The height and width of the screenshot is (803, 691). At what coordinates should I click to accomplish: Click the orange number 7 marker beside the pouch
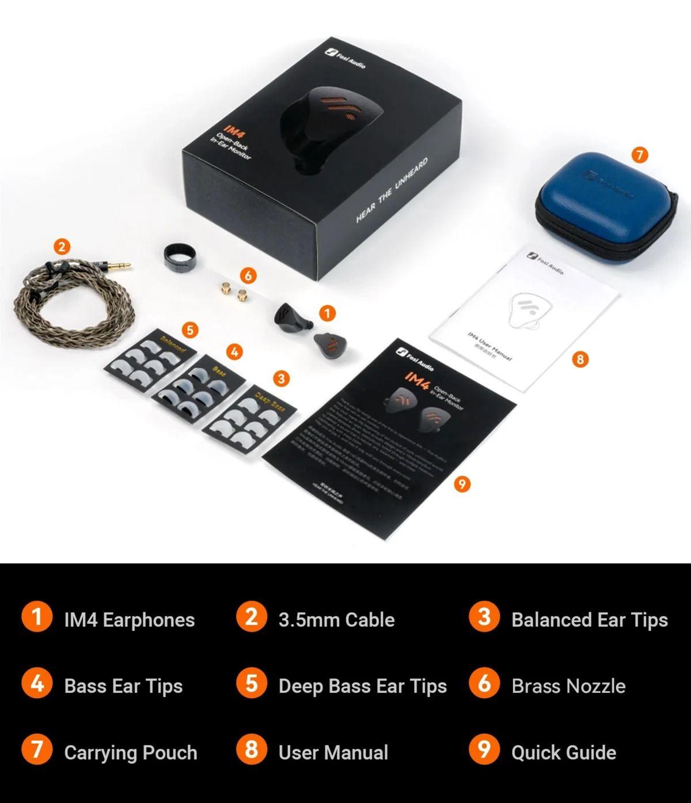coord(639,155)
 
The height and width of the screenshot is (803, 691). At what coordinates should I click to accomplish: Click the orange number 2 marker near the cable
coord(62,247)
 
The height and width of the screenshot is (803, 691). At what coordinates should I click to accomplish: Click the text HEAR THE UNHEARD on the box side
coord(392,190)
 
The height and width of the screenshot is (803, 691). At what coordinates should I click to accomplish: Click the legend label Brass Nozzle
coord(568,686)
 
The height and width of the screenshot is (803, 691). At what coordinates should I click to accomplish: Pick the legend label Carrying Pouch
coord(131,752)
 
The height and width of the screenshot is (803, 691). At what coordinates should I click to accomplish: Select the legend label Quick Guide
coord(564,752)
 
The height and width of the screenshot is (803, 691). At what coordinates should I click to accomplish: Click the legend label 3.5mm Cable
coord(336,620)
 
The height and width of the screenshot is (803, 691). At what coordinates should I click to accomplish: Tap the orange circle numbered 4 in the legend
coord(37,684)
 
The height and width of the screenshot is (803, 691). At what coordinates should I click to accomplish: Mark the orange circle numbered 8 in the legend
coord(252,750)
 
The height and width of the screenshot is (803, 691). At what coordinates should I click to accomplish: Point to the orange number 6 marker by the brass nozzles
coord(248,276)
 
